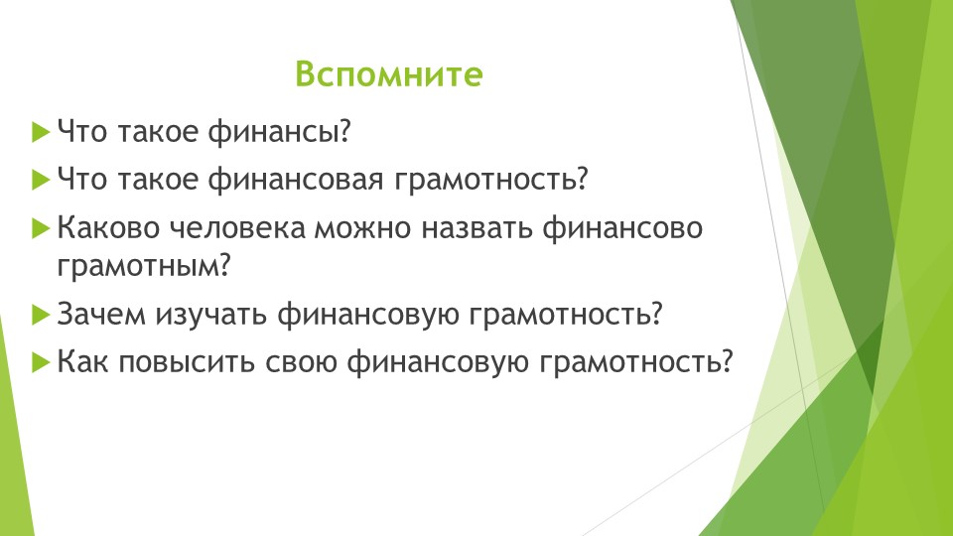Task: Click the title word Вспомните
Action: coord(388,75)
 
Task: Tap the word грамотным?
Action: coord(144,266)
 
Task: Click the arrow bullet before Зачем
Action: coord(40,315)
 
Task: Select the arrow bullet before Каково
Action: coord(40,228)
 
